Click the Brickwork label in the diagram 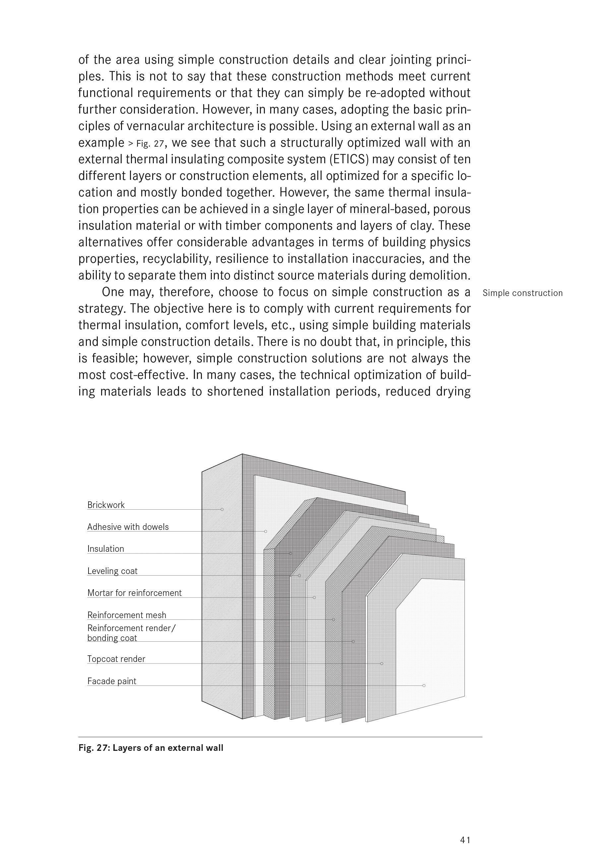point(106,505)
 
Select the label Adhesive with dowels point(128,527)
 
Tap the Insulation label point(105,549)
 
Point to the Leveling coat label point(112,571)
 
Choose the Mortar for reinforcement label point(134,593)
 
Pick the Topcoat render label point(116,659)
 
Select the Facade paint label point(111,681)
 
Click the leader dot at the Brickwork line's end point(222,509)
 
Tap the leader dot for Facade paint point(424,685)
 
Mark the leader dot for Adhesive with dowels point(266,531)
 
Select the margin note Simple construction point(522,293)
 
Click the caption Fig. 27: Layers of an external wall point(151,748)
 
